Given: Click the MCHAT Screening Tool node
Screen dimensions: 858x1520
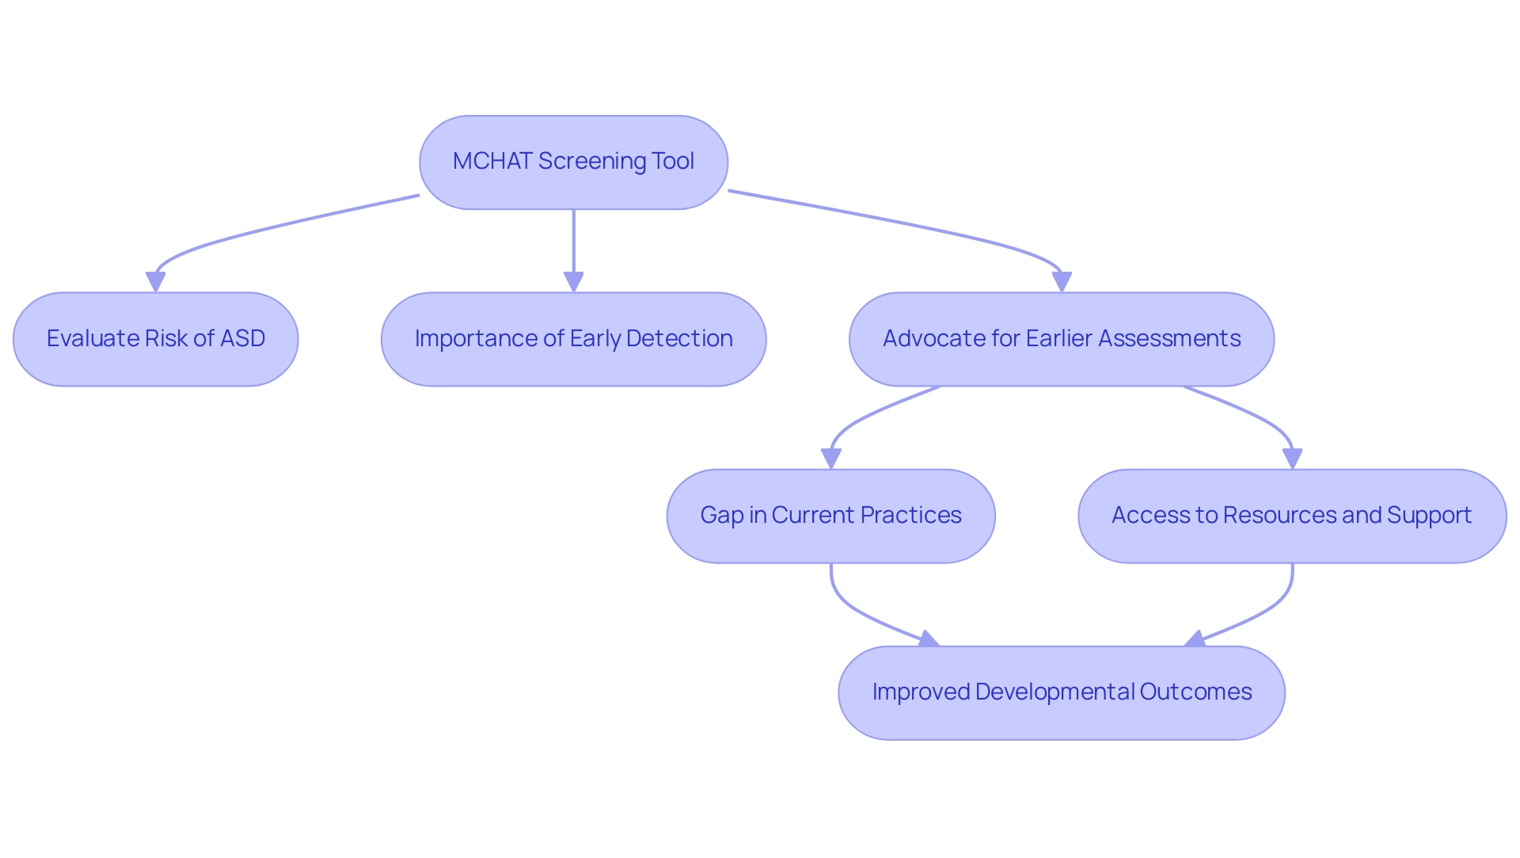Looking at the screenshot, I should tap(573, 162).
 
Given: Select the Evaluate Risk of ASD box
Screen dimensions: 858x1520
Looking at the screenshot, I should tap(155, 339).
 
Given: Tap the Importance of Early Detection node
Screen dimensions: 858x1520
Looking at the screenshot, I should tap(573, 339).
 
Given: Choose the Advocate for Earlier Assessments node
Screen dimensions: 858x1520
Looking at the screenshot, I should tap(1061, 339).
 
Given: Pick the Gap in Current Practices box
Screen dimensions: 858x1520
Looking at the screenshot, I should tap(830, 516).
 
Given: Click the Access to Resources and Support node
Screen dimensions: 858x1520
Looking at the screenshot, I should tap(1291, 516).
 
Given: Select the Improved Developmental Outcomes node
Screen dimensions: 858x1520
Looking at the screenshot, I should tap(1061, 692).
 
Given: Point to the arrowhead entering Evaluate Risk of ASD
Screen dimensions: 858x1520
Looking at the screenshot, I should tap(155, 282).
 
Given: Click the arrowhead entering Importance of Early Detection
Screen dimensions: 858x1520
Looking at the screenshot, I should tap(573, 282).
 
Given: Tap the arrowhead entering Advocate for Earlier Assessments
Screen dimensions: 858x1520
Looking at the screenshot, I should tap(1062, 282).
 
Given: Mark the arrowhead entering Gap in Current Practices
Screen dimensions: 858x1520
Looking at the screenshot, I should tap(830, 459).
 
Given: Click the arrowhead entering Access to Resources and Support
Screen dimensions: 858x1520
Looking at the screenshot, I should tap(1292, 459).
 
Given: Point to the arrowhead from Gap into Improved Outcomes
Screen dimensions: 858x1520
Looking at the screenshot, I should tap(929, 639).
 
